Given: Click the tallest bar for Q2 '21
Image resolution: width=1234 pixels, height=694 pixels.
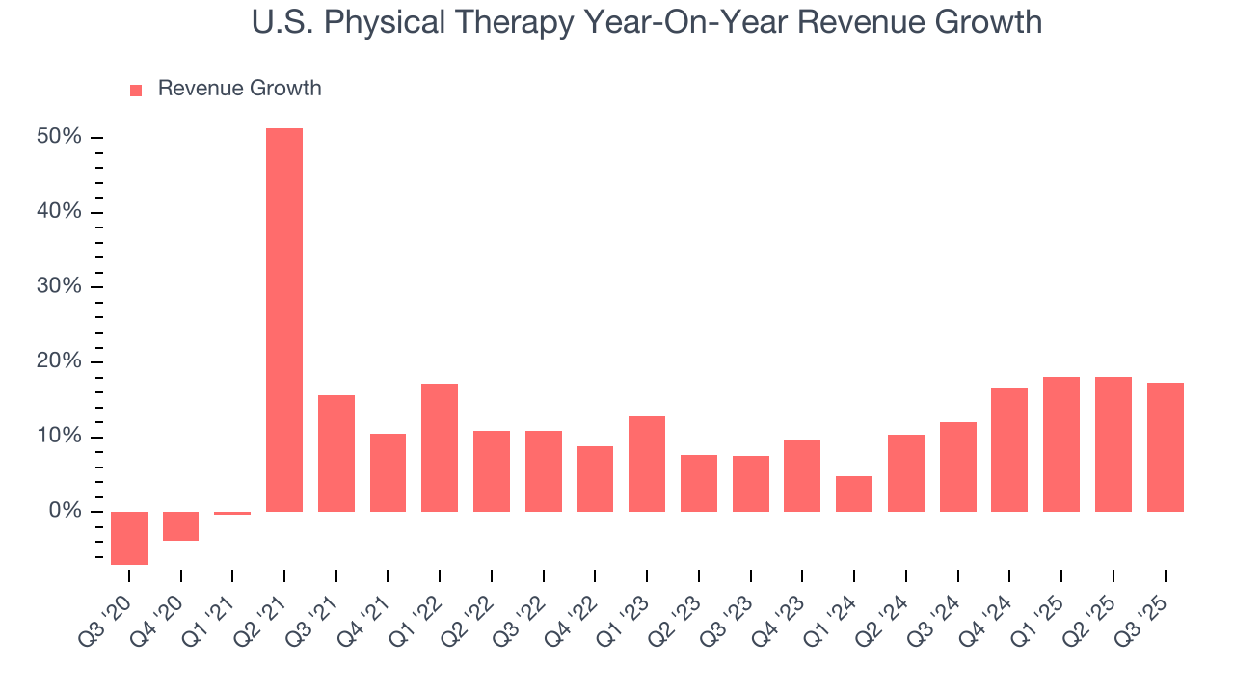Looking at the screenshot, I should pyautogui.click(x=284, y=319).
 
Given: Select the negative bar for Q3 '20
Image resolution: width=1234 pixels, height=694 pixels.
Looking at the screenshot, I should pyautogui.click(x=129, y=538).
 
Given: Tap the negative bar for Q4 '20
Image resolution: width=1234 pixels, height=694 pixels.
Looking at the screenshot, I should pyautogui.click(x=181, y=526).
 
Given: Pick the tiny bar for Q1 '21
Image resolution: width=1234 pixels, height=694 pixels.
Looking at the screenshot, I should pyautogui.click(x=232, y=513).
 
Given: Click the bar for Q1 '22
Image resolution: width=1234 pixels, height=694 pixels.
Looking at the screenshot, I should pyautogui.click(x=440, y=447).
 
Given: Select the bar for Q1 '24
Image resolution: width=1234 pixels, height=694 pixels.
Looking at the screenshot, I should pyautogui.click(x=854, y=494).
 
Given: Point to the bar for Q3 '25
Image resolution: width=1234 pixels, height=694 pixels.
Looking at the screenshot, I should pyautogui.click(x=1165, y=446).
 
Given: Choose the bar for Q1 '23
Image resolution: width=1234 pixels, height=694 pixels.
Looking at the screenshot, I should pyautogui.click(x=647, y=464).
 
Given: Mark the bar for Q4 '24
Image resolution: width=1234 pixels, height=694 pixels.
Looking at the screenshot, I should pyautogui.click(x=1009, y=449).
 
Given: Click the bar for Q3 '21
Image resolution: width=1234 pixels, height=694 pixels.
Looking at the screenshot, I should pyautogui.click(x=336, y=453).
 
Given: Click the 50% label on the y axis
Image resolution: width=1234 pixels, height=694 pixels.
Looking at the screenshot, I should pyautogui.click(x=59, y=137).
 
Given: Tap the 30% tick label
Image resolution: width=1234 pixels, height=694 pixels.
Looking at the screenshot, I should pyautogui.click(x=59, y=286).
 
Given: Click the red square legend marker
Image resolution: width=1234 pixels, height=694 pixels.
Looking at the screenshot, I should pyautogui.click(x=136, y=90).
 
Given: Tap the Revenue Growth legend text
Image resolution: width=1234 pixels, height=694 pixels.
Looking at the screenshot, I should pyautogui.click(x=239, y=89).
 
